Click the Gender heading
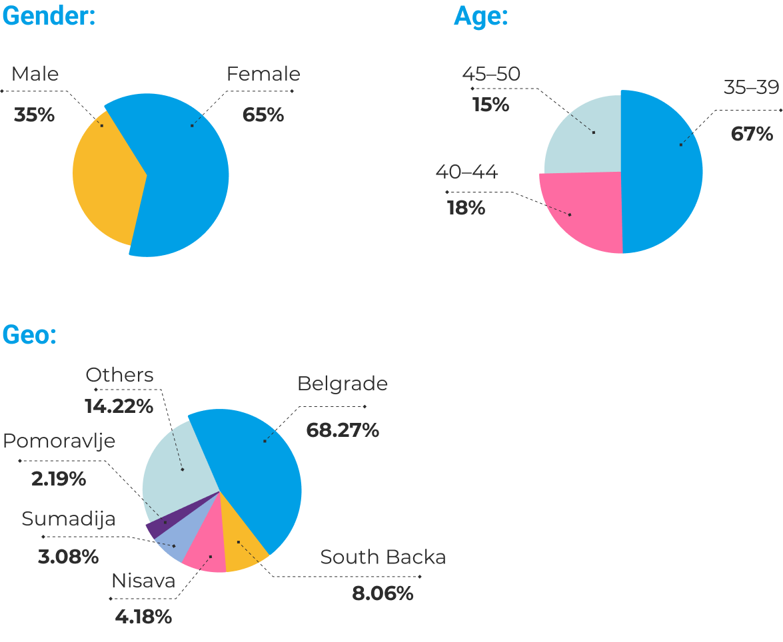[x=49, y=17]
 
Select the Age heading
[x=480, y=17]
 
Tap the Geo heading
[x=29, y=335]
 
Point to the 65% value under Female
[x=263, y=115]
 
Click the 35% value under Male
[x=34, y=115]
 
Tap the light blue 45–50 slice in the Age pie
[x=583, y=133]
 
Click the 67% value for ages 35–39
[x=752, y=134]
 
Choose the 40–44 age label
[x=466, y=172]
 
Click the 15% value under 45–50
[x=490, y=105]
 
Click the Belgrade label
[x=343, y=384]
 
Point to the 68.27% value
[x=343, y=430]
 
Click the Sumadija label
[x=69, y=519]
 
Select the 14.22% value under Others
[x=119, y=406]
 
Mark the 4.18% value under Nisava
[x=143, y=617]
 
